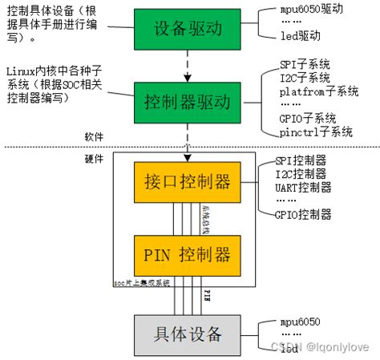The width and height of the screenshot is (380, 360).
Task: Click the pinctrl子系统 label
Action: pos(316,132)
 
